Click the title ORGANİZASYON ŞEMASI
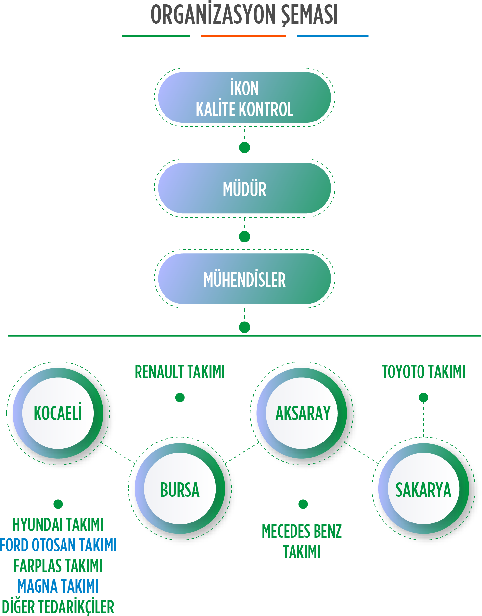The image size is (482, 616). click(x=244, y=15)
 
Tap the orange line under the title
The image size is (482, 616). click(x=243, y=36)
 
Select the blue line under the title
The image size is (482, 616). click(x=333, y=36)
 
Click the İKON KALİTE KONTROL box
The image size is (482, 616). click(x=244, y=98)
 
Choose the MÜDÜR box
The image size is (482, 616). click(x=244, y=188)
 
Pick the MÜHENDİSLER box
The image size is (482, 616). click(x=244, y=279)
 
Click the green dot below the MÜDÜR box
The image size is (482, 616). click(x=244, y=237)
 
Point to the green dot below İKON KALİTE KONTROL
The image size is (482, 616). click(x=244, y=147)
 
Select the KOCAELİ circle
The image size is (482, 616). click(x=58, y=413)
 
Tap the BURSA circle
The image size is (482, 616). click(x=180, y=489)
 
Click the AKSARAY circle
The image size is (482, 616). click(x=302, y=413)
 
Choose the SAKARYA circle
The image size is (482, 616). click(x=423, y=489)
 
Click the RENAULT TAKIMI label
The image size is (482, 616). click(x=180, y=372)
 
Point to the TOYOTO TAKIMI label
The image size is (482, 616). click(x=423, y=372)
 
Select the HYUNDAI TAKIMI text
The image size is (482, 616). click(x=58, y=524)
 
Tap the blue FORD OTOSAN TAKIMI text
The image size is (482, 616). click(x=58, y=545)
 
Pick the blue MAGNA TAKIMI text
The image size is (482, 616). click(x=58, y=586)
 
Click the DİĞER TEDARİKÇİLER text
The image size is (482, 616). click(x=58, y=607)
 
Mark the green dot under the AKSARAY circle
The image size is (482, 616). click(x=303, y=504)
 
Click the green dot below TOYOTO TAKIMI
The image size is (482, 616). click(x=423, y=398)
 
